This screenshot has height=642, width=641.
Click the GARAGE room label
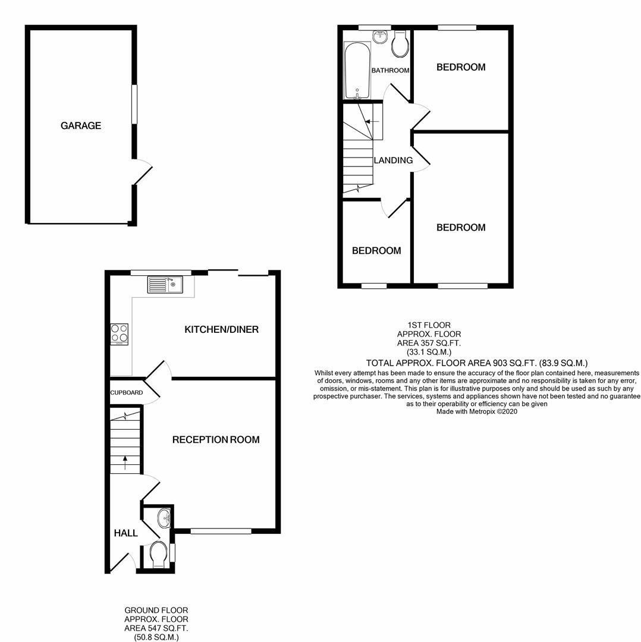[x=81, y=125]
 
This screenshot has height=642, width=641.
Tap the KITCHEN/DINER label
[x=221, y=329]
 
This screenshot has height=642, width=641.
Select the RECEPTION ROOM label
[x=216, y=440]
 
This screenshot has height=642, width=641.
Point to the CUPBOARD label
[x=126, y=393]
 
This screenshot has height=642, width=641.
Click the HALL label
[x=125, y=533]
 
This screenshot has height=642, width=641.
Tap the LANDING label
[x=393, y=160]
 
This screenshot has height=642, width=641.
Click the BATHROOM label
[x=390, y=71]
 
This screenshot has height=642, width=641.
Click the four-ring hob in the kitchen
[x=119, y=334]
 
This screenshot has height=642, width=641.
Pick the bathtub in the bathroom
[x=357, y=70]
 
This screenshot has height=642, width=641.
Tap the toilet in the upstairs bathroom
[x=400, y=45]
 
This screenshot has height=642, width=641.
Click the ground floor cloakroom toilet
[x=158, y=554]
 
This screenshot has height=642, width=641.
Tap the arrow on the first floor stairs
[x=372, y=122]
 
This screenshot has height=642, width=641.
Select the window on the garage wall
[x=134, y=105]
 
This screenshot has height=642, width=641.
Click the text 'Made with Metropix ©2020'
[x=477, y=411]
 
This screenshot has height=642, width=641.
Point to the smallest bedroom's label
[x=376, y=251]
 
